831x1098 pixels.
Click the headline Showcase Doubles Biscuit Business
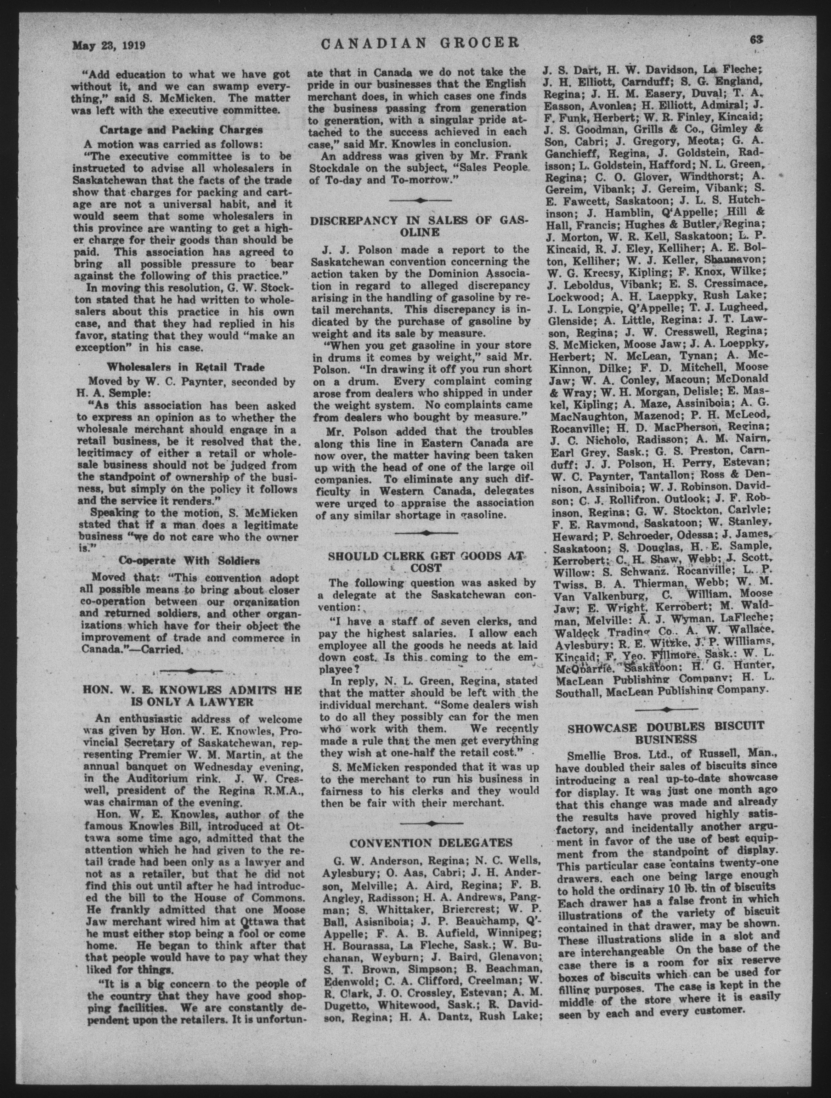(666, 732)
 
